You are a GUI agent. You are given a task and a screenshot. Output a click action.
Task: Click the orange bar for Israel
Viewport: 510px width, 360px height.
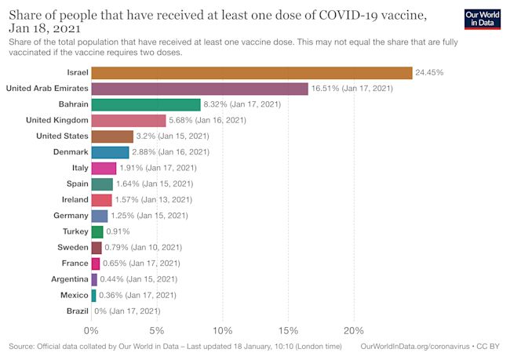point(251,72)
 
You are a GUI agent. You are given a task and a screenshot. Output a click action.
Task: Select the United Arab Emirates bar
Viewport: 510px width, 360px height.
point(199,89)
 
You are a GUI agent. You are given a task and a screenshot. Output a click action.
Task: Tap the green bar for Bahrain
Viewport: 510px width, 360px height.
point(146,104)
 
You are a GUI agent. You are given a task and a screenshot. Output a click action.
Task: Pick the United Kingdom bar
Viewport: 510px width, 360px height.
point(129,120)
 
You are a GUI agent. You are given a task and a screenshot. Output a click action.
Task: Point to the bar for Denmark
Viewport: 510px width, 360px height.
point(110,152)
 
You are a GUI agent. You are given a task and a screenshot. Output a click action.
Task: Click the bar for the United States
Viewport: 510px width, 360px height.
point(112,136)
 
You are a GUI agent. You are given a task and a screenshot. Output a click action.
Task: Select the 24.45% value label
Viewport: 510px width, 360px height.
point(429,72)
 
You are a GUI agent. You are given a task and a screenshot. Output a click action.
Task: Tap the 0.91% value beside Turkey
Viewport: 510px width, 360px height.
point(118,231)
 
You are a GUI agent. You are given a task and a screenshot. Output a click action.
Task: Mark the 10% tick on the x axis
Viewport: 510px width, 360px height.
point(223,329)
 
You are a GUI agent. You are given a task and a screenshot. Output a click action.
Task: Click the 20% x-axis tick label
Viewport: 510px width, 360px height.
point(354,329)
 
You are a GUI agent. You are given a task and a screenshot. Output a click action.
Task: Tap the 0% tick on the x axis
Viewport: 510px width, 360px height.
point(92,329)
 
